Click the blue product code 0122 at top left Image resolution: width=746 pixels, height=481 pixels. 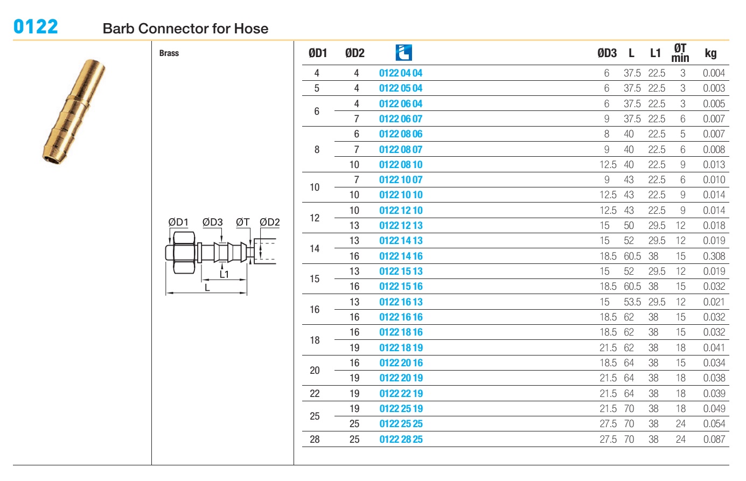[x=36, y=26]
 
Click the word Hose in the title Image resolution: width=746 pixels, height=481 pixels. [x=251, y=29]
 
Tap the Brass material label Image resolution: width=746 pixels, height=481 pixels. [x=169, y=53]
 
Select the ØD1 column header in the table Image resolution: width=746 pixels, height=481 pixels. [x=318, y=53]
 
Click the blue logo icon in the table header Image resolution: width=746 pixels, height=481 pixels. [x=403, y=53]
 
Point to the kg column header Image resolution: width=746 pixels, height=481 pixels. [x=710, y=54]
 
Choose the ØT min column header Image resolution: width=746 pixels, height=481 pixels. [x=680, y=53]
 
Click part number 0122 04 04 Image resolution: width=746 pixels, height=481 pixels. [x=401, y=73]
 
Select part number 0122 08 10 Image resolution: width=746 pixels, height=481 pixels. [x=401, y=165]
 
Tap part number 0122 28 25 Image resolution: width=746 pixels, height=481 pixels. [x=401, y=440]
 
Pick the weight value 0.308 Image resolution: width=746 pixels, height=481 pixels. [x=714, y=256]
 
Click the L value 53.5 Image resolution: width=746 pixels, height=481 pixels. [x=632, y=302]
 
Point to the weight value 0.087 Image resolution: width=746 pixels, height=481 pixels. [x=714, y=440]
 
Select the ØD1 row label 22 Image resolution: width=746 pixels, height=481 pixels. [x=315, y=394]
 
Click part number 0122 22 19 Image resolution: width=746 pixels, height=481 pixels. [x=401, y=394]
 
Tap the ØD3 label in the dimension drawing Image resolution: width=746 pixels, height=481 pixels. [x=212, y=222]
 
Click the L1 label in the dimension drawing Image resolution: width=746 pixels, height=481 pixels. [x=224, y=275]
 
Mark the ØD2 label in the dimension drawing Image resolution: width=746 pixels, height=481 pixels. [x=270, y=222]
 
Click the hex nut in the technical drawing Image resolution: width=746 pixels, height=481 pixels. [x=184, y=253]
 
